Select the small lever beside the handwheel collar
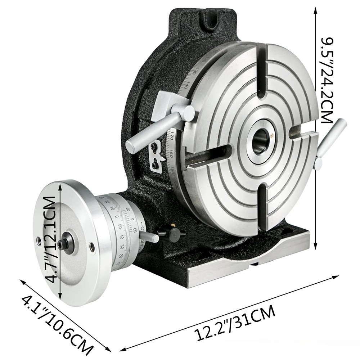(149, 237)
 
